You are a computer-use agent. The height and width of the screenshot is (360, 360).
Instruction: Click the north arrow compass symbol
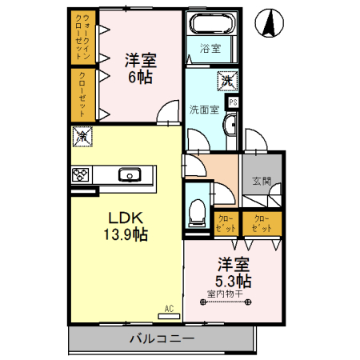tap(270, 23)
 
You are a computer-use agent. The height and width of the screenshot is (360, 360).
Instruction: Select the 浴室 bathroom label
tap(210, 49)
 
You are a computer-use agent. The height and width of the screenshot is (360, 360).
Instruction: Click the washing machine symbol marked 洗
tap(227, 81)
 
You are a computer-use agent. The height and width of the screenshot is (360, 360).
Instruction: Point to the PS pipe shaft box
tap(233, 102)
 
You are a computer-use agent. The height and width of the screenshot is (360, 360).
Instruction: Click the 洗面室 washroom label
tap(204, 110)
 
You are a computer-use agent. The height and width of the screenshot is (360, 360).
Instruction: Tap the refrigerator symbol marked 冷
tap(82, 137)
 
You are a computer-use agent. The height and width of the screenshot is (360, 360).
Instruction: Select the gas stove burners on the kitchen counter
tap(80, 174)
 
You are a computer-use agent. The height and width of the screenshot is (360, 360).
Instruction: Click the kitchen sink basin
tap(130, 175)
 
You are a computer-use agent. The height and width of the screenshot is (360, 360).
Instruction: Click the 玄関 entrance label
tap(262, 181)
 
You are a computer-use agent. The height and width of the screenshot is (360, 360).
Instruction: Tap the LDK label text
tap(126, 218)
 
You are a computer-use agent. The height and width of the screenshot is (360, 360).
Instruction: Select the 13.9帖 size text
tap(126, 234)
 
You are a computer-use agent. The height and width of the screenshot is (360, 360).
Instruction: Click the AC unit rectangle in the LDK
tap(169, 316)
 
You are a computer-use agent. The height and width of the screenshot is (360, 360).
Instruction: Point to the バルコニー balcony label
tap(162, 338)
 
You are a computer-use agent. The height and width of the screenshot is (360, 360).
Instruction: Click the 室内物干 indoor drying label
tap(226, 294)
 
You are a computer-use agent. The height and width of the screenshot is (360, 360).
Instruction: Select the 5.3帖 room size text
tap(234, 281)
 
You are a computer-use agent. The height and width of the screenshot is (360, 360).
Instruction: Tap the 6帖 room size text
tap(141, 78)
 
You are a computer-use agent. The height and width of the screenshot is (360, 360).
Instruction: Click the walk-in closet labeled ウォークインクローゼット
tap(83, 37)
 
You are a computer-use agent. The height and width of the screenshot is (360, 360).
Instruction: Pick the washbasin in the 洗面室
tap(231, 125)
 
